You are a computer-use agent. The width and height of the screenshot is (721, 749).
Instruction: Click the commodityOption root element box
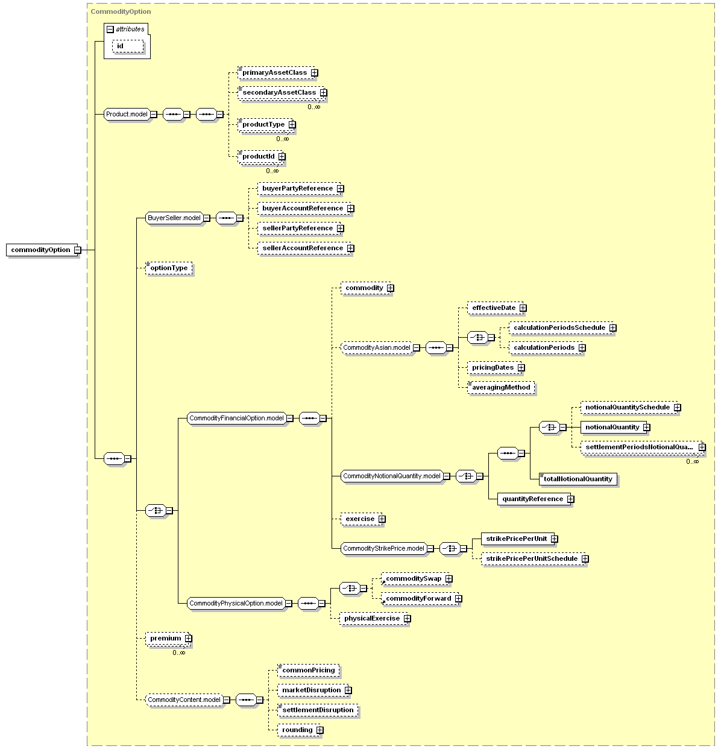[x=42, y=250]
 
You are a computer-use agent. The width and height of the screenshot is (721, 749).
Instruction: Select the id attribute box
[x=128, y=46]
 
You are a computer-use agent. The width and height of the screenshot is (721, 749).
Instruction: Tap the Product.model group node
[x=127, y=115]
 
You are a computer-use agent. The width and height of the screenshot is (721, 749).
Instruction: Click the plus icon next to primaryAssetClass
[x=314, y=73]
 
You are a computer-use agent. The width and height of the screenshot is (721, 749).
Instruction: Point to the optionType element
[x=169, y=268]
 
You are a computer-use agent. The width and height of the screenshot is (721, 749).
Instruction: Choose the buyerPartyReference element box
[x=299, y=189]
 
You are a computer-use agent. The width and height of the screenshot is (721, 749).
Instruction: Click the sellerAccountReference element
[x=304, y=248]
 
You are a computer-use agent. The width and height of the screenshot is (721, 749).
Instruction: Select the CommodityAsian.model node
[x=377, y=348]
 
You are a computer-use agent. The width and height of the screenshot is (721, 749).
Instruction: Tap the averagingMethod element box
[x=501, y=388]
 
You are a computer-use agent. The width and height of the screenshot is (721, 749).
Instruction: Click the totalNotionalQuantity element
[x=578, y=479]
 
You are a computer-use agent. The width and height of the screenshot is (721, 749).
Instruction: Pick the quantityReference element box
[x=534, y=499]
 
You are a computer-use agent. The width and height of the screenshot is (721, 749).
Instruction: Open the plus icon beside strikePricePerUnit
[x=554, y=539]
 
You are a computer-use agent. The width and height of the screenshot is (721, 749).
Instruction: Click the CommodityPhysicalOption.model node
[x=236, y=604]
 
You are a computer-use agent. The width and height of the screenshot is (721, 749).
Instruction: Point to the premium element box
[x=167, y=639]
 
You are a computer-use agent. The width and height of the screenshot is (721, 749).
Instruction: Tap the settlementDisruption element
[x=318, y=710]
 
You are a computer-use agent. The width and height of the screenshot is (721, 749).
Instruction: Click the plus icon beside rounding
[x=320, y=730]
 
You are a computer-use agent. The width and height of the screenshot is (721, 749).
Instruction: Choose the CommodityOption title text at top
[x=121, y=11]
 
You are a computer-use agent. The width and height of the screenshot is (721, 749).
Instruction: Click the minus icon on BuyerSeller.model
[x=207, y=218]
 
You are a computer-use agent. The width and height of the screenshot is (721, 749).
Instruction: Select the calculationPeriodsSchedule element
[x=561, y=328]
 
